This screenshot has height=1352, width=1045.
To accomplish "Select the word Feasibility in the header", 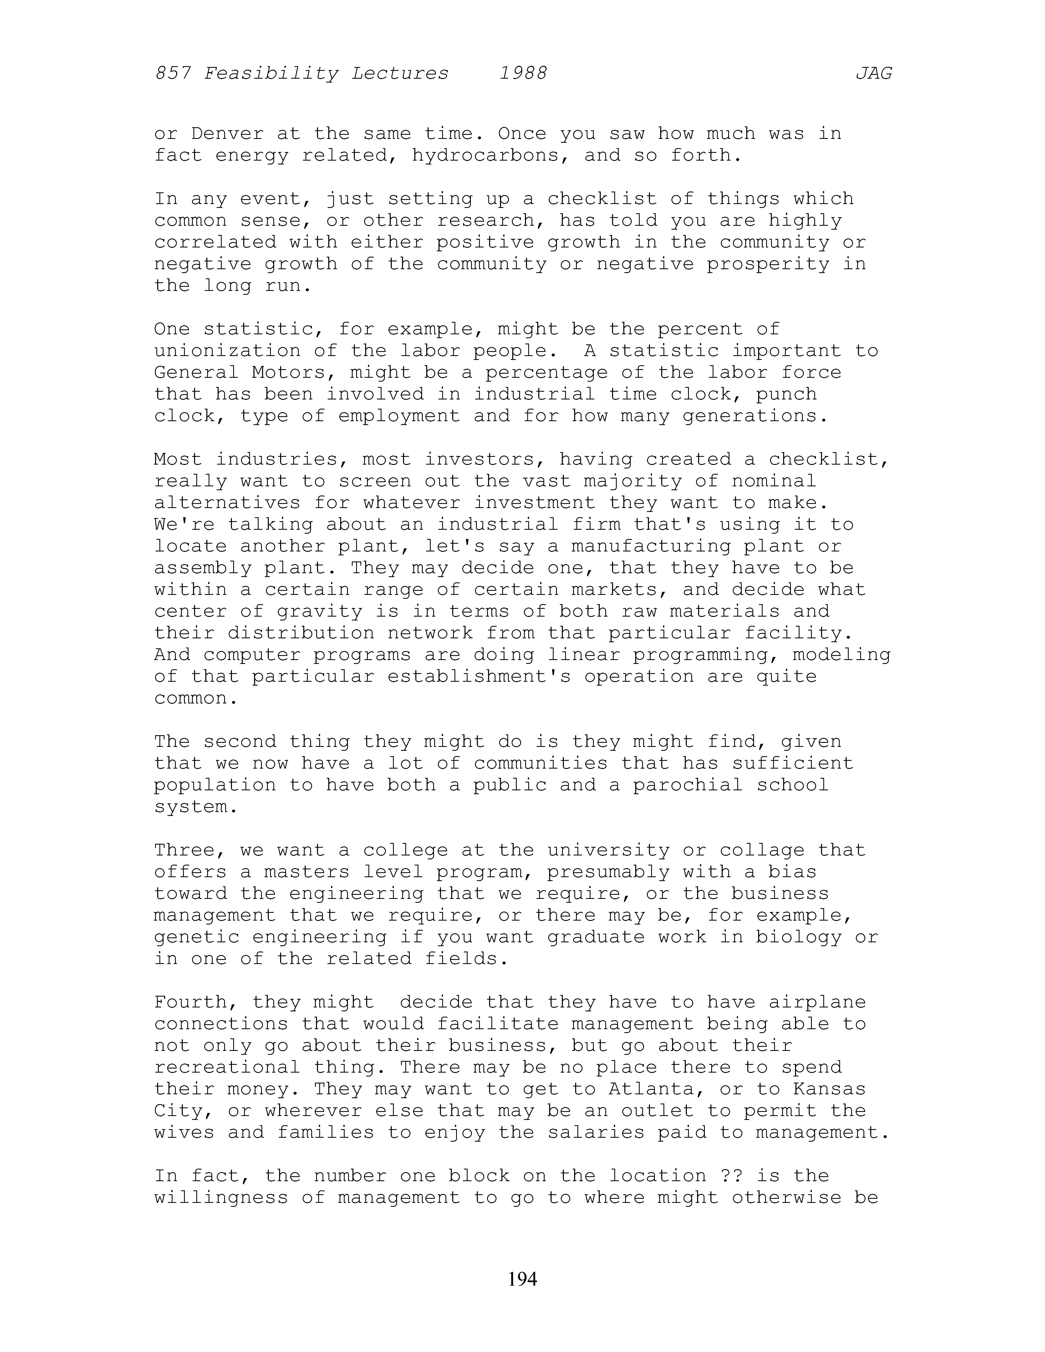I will coord(271,74).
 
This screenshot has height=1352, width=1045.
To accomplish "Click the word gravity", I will coord(319,612).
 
